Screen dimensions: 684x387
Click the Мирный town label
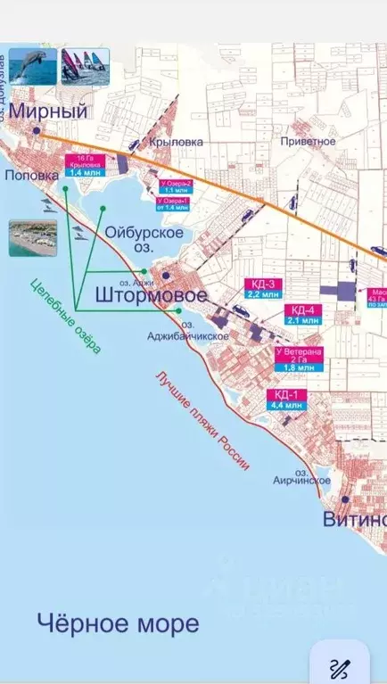pyautogui.click(x=49, y=111)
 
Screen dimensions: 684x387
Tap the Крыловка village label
pyautogui.click(x=177, y=142)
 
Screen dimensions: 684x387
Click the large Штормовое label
pyautogui.click(x=151, y=294)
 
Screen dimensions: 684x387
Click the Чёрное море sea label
pyautogui.click(x=118, y=622)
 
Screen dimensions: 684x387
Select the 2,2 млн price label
pyautogui.click(x=264, y=293)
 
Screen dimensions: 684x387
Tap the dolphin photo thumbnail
pyautogui.click(x=33, y=67)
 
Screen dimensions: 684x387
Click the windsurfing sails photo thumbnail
pyautogui.click(x=85, y=67)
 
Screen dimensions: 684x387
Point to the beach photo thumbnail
pyautogui.click(x=33, y=238)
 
